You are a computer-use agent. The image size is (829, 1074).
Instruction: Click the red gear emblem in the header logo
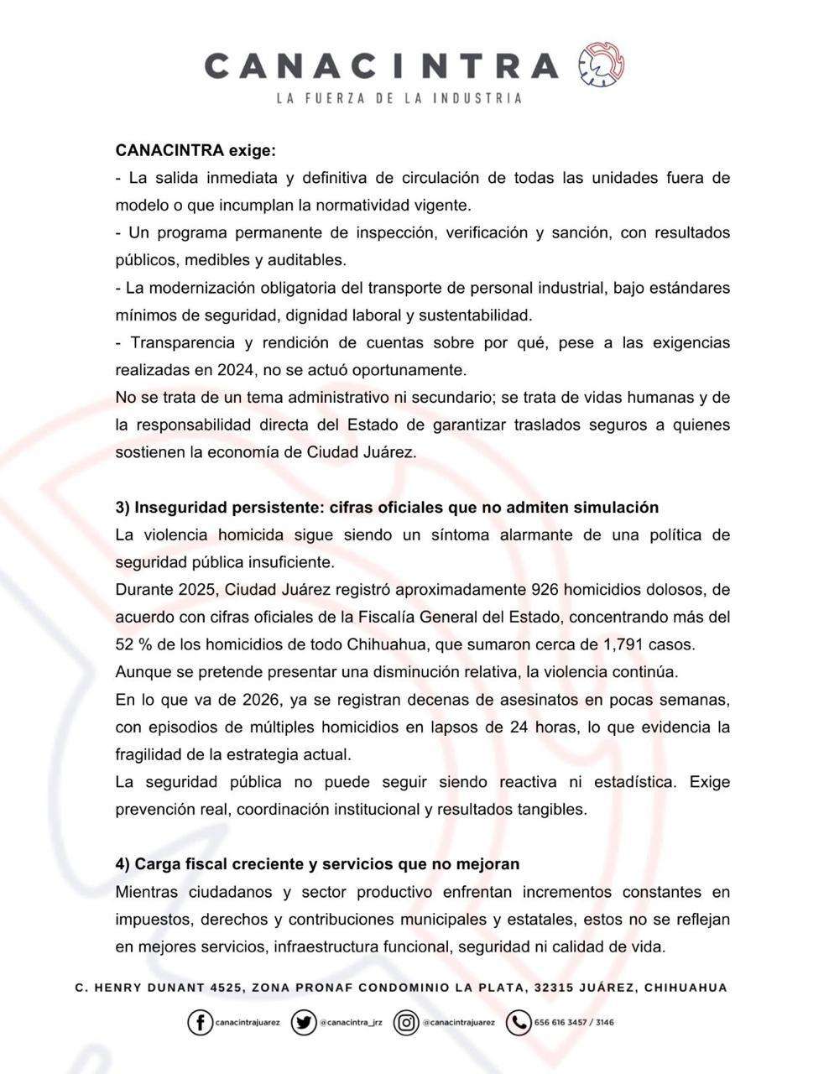(x=601, y=65)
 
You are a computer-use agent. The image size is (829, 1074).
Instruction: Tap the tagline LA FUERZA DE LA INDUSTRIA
(x=399, y=98)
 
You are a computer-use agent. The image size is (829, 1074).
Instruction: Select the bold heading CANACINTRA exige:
(x=196, y=151)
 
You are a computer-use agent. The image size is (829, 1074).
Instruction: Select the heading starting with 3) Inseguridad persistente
(x=387, y=507)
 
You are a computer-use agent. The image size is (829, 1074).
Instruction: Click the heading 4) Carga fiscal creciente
(x=317, y=863)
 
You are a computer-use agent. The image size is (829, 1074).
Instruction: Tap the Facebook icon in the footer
(x=200, y=1022)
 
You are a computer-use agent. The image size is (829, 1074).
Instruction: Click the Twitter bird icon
(x=303, y=1022)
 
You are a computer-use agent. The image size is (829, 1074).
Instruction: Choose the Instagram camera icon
(x=406, y=1022)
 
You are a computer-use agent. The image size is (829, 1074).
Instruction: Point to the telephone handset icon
(x=519, y=1022)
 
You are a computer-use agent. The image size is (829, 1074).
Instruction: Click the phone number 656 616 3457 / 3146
(x=574, y=1023)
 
